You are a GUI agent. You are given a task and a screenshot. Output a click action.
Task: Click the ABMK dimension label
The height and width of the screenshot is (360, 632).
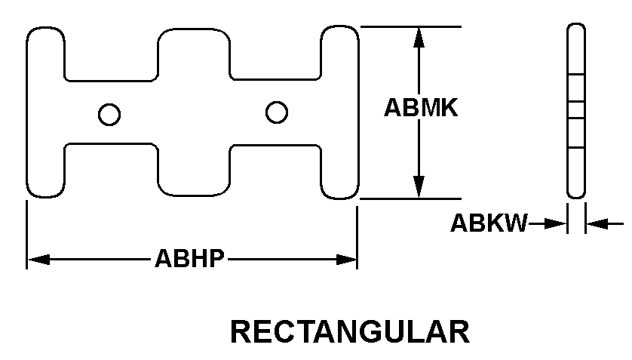(421, 108)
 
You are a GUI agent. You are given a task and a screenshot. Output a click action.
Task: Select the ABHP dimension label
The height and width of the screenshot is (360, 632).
(189, 258)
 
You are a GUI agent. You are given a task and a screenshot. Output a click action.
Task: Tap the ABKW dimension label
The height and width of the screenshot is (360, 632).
(489, 223)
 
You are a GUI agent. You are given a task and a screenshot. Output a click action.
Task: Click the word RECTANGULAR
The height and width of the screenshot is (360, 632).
(350, 332)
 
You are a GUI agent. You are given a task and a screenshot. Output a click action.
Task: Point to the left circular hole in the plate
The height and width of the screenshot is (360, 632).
(109, 115)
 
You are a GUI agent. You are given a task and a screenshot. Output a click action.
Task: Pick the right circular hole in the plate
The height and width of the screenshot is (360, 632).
(277, 112)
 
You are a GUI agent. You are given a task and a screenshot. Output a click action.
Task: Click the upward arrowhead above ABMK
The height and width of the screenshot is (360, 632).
(419, 38)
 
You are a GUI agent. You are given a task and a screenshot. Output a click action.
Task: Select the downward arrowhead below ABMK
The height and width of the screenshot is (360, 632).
(419, 187)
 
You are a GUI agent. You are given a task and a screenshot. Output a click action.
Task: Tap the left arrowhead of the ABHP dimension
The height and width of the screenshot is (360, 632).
(38, 260)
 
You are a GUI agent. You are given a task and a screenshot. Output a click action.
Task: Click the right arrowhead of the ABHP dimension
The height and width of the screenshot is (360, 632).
(346, 260)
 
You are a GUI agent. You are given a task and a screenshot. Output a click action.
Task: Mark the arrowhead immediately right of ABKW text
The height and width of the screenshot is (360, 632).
(555, 223)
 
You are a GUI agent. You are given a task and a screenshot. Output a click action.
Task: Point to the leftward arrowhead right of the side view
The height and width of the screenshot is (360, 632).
(597, 223)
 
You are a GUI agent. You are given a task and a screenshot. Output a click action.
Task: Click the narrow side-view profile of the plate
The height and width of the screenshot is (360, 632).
(576, 111)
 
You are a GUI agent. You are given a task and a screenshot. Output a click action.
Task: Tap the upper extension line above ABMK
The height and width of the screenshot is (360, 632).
(410, 26)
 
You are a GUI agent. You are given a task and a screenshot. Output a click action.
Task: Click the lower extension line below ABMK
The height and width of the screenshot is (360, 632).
(410, 198)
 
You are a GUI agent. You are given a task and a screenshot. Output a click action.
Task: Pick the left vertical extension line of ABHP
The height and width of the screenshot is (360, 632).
(26, 235)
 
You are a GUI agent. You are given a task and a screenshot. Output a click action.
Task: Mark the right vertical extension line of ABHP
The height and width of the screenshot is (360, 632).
(357, 238)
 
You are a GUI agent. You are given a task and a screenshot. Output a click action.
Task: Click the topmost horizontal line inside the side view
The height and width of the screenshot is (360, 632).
(576, 75)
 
